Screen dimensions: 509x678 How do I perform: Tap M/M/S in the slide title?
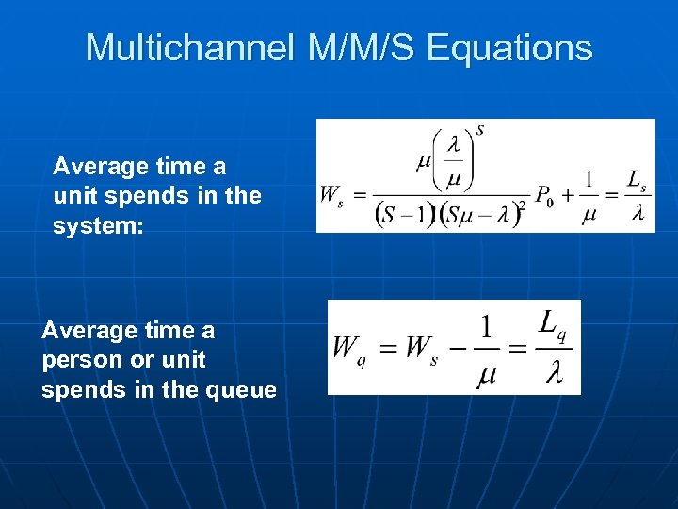[357, 47]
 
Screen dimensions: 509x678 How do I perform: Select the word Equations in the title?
[509, 47]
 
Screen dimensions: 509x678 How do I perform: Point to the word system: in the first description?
[99, 225]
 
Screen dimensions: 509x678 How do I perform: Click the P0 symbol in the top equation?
[543, 196]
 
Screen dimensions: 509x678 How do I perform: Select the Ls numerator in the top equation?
[637, 178]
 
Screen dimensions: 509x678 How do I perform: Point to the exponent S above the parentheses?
[480, 130]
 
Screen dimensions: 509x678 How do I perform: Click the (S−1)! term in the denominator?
[408, 216]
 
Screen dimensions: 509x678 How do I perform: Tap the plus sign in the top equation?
[567, 195]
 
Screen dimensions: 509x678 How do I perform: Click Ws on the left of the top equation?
[331, 196]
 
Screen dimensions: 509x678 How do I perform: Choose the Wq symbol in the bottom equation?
[347, 348]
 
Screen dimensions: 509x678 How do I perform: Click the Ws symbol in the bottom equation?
[421, 348]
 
